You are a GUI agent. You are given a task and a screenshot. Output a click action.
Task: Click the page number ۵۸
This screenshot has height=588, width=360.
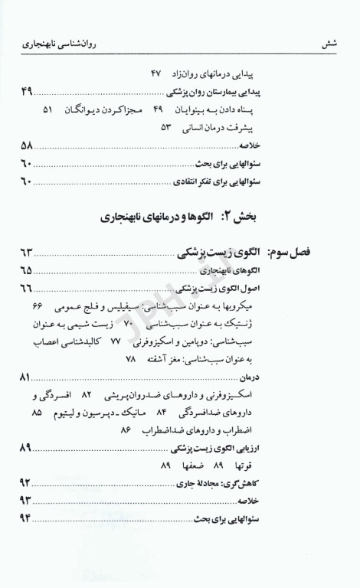point(27,145)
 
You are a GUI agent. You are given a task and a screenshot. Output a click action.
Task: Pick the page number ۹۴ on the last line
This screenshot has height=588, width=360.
point(27,520)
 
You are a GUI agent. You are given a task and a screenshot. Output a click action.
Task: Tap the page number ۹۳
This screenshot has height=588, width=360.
point(27,501)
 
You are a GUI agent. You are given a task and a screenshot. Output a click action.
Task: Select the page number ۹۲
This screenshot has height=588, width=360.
point(27,482)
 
